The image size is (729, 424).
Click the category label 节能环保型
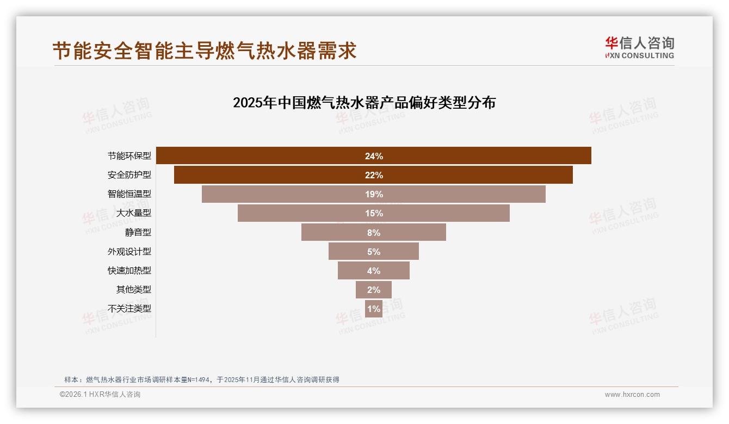click(129, 156)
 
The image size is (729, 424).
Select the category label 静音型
click(138, 232)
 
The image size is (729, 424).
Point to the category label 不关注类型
click(129, 308)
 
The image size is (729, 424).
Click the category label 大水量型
click(133, 213)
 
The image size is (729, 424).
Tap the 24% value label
click(374, 156)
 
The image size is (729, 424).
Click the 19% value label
click(374, 194)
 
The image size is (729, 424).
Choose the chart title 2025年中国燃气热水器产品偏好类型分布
click(364, 103)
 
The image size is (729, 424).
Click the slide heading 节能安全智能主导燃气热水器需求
click(205, 51)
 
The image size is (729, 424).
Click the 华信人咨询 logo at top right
click(639, 47)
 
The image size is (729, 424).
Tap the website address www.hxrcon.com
click(632, 395)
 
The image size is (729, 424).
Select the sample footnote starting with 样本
click(202, 379)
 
